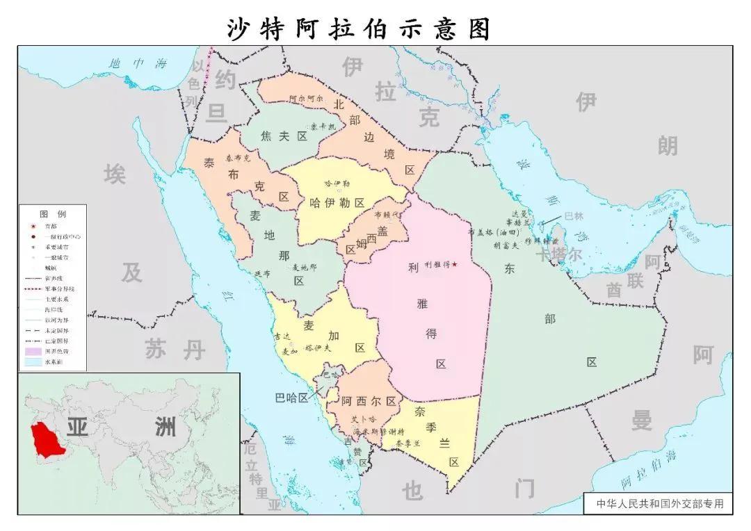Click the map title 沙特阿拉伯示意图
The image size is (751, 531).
359,28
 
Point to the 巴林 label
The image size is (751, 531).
574,216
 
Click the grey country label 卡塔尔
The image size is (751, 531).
558,254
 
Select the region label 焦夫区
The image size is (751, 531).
284,136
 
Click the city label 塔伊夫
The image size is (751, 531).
318,347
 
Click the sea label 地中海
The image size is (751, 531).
138,64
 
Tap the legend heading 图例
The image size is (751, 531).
52,213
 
